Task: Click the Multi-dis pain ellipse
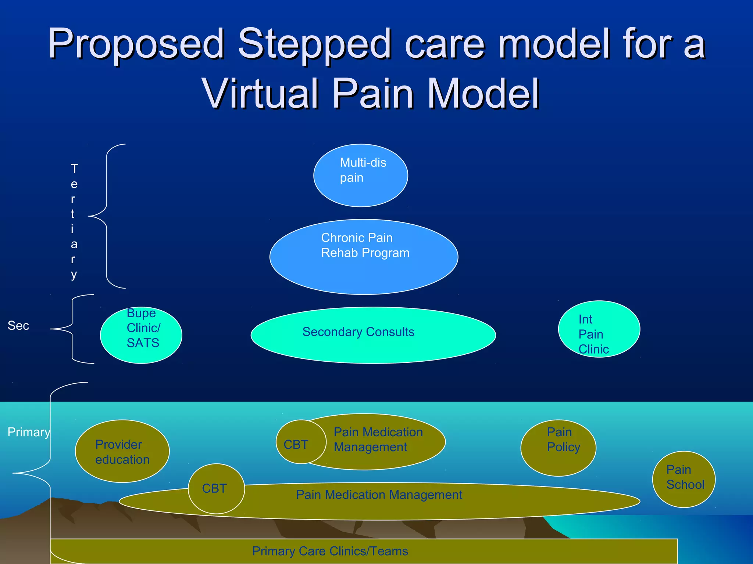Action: click(360, 176)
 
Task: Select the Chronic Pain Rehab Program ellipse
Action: click(364, 257)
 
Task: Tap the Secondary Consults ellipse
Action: click(373, 335)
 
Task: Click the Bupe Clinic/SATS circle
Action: click(141, 335)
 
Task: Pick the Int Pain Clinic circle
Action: click(599, 329)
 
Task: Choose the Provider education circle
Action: click(122, 451)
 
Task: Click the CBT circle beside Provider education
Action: click(216, 488)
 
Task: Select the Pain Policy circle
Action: click(558, 448)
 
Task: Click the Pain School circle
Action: click(684, 479)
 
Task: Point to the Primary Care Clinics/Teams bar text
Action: click(330, 551)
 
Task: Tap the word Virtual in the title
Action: click(260, 94)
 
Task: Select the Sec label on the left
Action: click(18, 326)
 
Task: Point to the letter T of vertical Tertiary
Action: click(74, 169)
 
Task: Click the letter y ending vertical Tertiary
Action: click(74, 275)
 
